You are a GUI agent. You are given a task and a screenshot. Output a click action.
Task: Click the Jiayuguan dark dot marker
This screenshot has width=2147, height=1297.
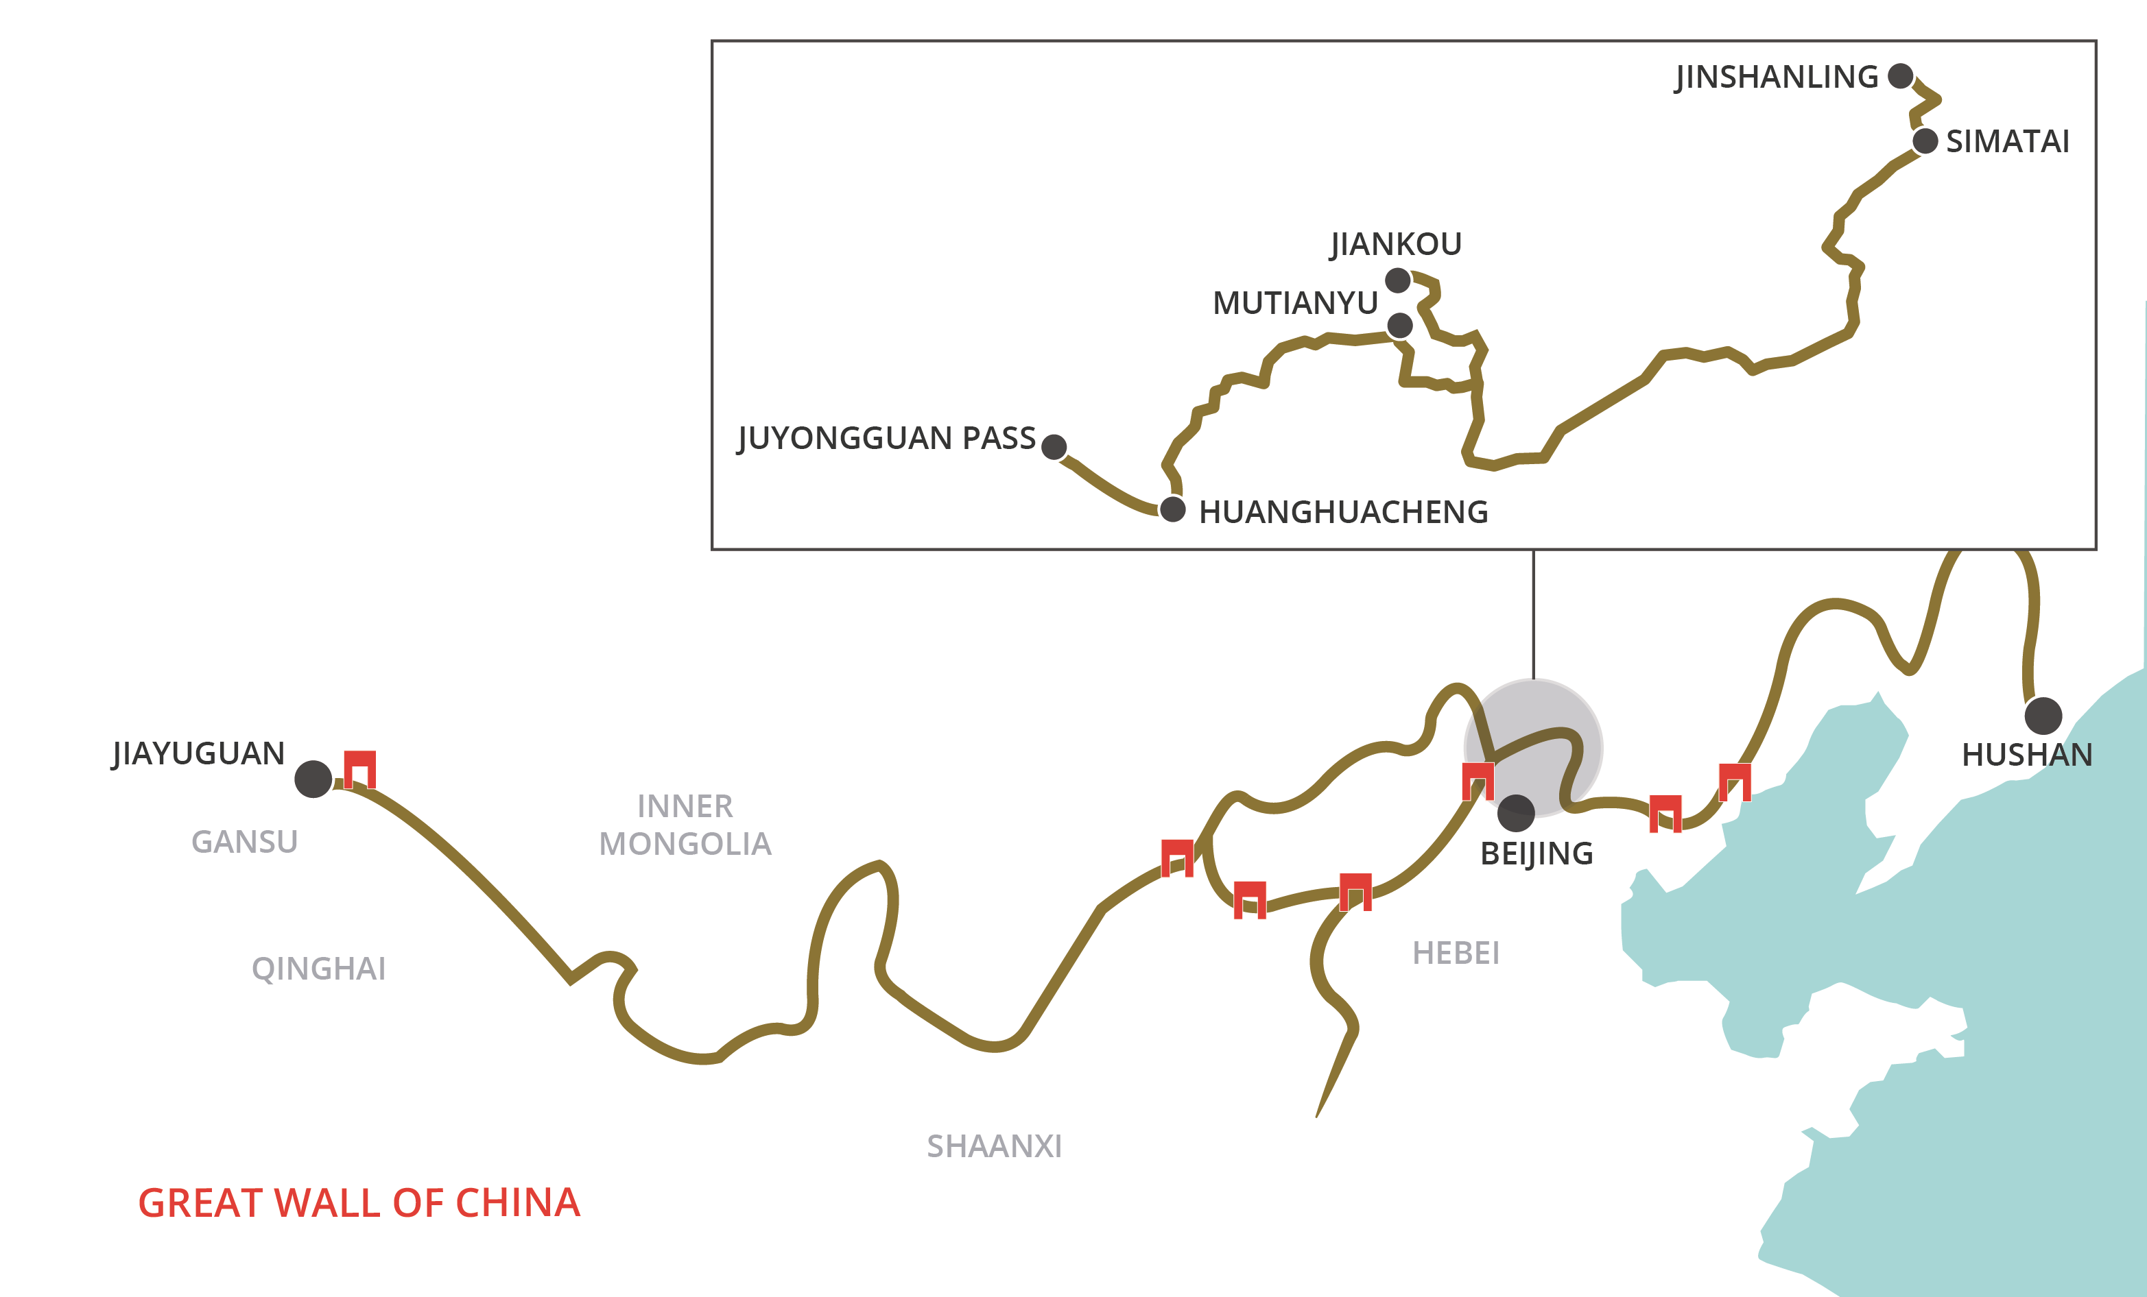[313, 779]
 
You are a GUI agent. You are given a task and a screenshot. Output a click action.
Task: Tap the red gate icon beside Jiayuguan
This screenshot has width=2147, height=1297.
[360, 769]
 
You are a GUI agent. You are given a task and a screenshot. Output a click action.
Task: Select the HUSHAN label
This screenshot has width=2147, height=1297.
[2027, 754]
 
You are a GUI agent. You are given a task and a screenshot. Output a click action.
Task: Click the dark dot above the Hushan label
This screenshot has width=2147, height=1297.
[2043, 716]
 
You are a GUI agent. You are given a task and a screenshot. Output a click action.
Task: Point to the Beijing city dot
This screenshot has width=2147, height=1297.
[1516, 814]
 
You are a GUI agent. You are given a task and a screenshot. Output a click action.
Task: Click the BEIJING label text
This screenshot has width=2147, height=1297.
[1537, 853]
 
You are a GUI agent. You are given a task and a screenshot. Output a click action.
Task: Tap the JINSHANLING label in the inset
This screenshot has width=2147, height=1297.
[1777, 77]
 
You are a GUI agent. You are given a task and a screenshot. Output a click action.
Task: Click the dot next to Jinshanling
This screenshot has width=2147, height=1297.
[1901, 76]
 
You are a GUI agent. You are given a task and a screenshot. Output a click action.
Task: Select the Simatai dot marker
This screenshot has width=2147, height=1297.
[1925, 141]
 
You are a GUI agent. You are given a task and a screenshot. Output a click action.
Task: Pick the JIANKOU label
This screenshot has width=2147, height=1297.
[1396, 245]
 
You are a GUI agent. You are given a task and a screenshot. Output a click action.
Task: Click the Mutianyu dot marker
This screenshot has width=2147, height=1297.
[1399, 325]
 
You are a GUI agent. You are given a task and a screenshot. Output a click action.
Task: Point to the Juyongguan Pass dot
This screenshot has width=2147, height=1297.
[1054, 447]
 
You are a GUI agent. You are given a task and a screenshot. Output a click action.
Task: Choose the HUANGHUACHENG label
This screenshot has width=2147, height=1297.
[1344, 512]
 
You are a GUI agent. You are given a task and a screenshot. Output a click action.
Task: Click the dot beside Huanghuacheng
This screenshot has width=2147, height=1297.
[1173, 509]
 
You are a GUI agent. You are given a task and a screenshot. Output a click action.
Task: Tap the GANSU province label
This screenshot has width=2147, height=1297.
[245, 841]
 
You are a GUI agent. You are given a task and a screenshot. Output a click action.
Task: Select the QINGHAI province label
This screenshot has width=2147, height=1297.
[319, 969]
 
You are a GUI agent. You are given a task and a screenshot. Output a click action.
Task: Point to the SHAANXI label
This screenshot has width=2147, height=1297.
[994, 1146]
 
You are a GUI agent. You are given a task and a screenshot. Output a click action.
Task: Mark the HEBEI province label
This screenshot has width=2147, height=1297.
[1456, 953]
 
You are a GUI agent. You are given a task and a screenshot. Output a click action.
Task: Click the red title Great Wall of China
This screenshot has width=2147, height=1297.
[359, 1203]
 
